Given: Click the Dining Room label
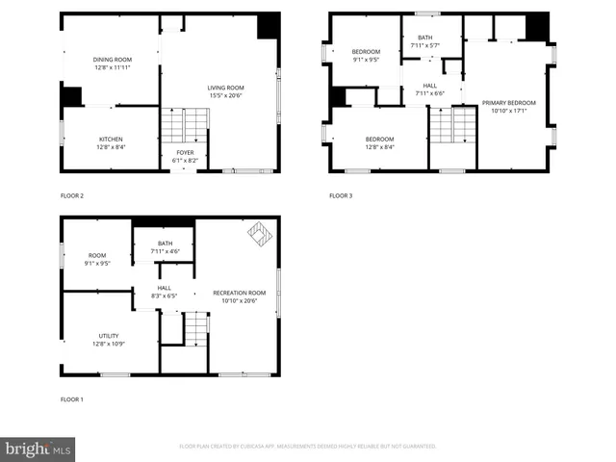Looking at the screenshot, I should pyautogui.click(x=112, y=60).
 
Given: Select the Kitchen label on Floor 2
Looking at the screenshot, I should pyautogui.click(x=112, y=140).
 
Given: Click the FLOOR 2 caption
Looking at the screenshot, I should pyautogui.click(x=72, y=196).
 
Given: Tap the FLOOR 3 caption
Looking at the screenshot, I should pyautogui.click(x=342, y=196).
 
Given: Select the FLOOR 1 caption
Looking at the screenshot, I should pyautogui.click(x=72, y=398).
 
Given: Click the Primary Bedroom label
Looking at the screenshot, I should pyautogui.click(x=508, y=102).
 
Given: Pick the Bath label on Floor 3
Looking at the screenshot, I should pyautogui.click(x=425, y=38).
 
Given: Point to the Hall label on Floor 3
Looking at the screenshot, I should pyautogui.click(x=429, y=86).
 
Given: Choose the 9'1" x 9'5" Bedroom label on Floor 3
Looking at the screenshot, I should pyautogui.click(x=366, y=50).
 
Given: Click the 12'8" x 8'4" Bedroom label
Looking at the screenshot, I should pyautogui.click(x=380, y=140).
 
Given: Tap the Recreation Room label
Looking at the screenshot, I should pyautogui.click(x=239, y=293).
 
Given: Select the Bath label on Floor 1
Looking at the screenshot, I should pyautogui.click(x=165, y=244).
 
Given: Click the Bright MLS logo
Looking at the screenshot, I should pyautogui.click(x=38, y=449).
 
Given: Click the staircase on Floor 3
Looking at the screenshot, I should pyautogui.click(x=452, y=125).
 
